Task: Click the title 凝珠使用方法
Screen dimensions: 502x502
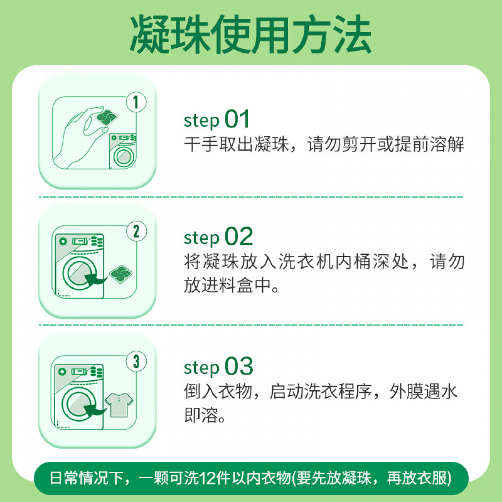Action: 251,34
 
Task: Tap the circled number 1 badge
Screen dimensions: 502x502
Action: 136,102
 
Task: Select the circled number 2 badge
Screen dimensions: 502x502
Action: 136,231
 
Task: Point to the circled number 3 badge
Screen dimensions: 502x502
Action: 136,361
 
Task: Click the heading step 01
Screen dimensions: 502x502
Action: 216,119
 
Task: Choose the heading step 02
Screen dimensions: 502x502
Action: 218,236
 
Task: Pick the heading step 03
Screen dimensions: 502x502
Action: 218,366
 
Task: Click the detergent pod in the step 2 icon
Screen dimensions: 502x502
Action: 120,274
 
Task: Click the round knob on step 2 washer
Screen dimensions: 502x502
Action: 63,241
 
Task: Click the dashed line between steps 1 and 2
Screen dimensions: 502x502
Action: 251,197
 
